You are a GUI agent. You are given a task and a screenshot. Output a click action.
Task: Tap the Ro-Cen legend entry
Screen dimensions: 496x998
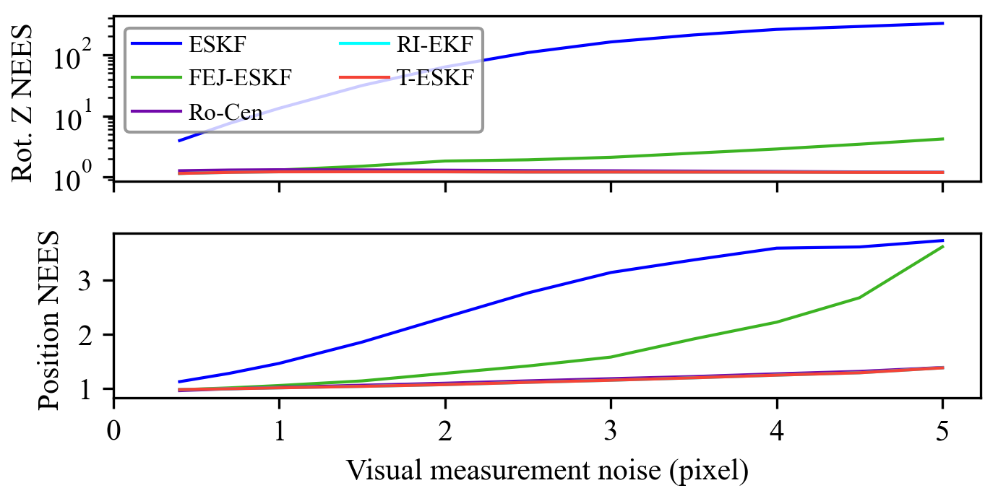(x=225, y=112)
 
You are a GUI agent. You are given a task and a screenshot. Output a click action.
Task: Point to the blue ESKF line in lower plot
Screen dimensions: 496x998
(x=528, y=292)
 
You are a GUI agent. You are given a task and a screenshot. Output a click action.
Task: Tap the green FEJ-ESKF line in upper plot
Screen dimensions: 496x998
(x=694, y=153)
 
